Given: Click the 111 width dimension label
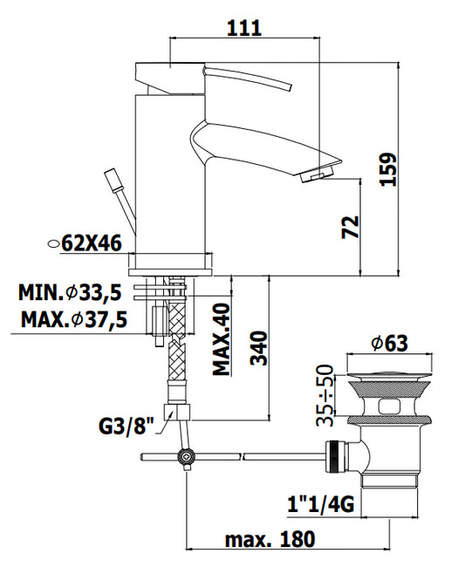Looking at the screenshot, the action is point(244,28).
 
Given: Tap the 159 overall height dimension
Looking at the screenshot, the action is point(389,169).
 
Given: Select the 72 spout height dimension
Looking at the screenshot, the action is point(351,227).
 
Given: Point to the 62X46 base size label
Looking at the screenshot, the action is point(92,243).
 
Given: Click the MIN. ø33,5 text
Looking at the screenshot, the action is point(70,292).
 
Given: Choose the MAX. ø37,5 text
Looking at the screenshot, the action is point(74,319).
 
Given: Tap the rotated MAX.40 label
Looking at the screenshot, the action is point(222,339).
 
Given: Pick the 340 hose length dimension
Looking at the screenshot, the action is point(259,348).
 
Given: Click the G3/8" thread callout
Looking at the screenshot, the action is point(127,426).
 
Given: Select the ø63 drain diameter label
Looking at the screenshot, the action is point(390,343).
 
